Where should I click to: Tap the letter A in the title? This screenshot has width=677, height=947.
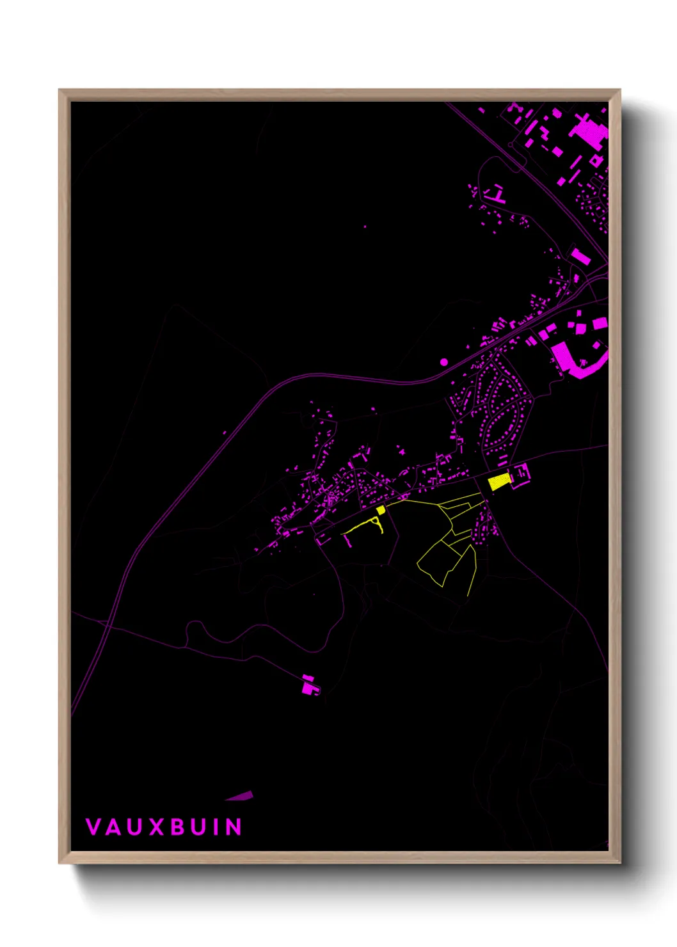point(113,827)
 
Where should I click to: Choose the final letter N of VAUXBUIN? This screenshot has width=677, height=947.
point(234,827)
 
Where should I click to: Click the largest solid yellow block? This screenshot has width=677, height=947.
point(498,482)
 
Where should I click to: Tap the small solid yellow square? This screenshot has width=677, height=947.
point(381,510)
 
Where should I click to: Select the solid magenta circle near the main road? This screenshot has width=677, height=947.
point(444,362)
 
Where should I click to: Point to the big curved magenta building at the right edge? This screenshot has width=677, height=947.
point(573,362)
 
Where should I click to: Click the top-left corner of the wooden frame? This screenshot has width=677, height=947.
point(60,90)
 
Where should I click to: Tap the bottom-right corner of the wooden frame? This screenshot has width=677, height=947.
point(619,863)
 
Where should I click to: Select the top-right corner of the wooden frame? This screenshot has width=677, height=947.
point(619,90)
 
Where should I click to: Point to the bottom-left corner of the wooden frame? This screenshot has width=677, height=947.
point(60,863)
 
